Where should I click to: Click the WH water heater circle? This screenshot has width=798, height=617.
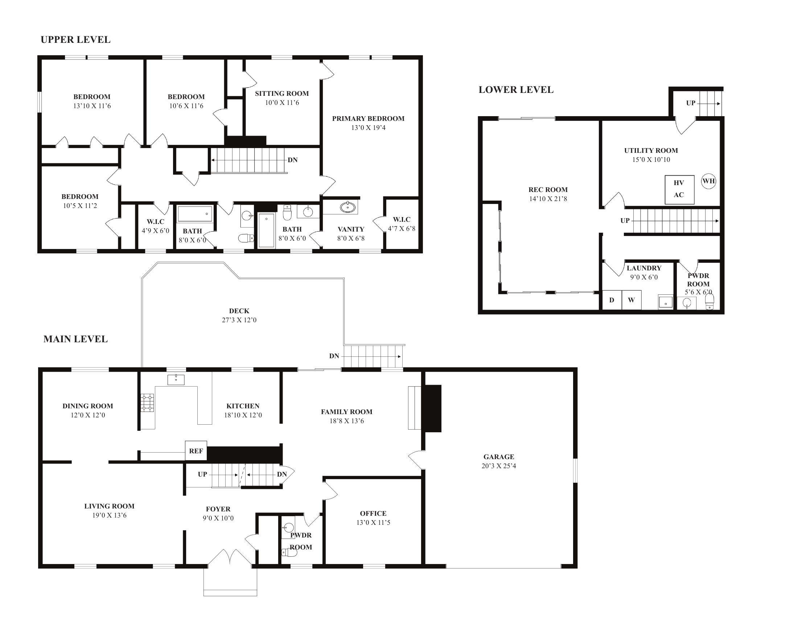708,181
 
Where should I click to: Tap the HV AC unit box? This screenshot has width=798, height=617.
679,189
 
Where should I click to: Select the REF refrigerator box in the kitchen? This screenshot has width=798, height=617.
196,451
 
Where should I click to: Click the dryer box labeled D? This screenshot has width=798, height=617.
612,300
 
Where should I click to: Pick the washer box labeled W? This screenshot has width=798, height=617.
632,300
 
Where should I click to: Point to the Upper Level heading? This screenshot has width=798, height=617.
76,40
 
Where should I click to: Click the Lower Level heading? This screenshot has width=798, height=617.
516,90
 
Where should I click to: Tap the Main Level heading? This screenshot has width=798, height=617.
76,339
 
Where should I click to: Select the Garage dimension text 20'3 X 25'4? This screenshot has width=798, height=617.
499,466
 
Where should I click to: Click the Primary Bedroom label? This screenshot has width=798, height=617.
368,118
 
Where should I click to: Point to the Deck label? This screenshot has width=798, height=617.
239,311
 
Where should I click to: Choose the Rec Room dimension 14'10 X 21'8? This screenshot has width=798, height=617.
548,199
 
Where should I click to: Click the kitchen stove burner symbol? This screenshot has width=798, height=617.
148,403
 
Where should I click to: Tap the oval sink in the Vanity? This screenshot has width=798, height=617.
347,207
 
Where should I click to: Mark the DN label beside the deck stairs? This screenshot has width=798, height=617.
334,356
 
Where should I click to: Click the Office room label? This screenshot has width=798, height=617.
373,513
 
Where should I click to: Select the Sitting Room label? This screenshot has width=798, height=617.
282,94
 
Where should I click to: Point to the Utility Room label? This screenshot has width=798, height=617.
651,150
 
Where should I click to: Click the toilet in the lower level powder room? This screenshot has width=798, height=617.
709,302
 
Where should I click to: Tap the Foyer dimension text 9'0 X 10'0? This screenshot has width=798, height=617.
218,518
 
